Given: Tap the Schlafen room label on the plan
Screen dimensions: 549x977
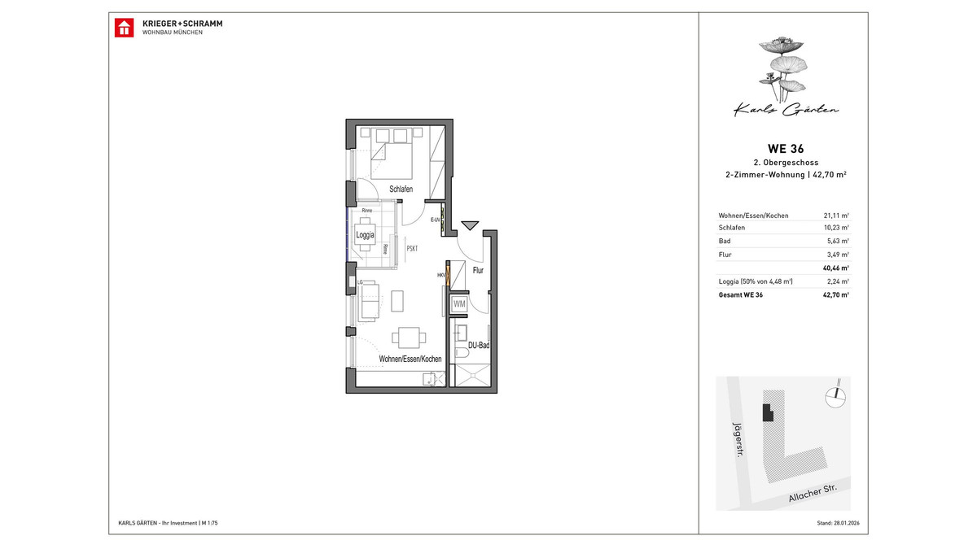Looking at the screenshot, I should (401, 189).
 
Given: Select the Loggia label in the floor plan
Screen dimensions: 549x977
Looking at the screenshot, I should (366, 235).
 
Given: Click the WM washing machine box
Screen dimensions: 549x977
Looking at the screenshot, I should (458, 304).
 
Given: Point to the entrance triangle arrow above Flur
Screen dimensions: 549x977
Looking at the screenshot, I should (471, 225).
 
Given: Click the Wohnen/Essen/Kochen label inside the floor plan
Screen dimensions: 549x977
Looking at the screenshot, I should (410, 359).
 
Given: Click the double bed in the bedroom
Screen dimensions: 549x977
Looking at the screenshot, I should (392, 159).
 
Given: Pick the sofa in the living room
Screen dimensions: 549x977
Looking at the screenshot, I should (370, 300).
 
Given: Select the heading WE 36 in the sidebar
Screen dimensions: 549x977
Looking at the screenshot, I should (786, 147).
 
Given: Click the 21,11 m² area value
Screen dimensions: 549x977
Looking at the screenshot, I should (836, 216).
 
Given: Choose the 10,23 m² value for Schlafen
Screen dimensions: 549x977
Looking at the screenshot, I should (836, 229).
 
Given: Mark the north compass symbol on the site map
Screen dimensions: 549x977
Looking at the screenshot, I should (832, 394).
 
